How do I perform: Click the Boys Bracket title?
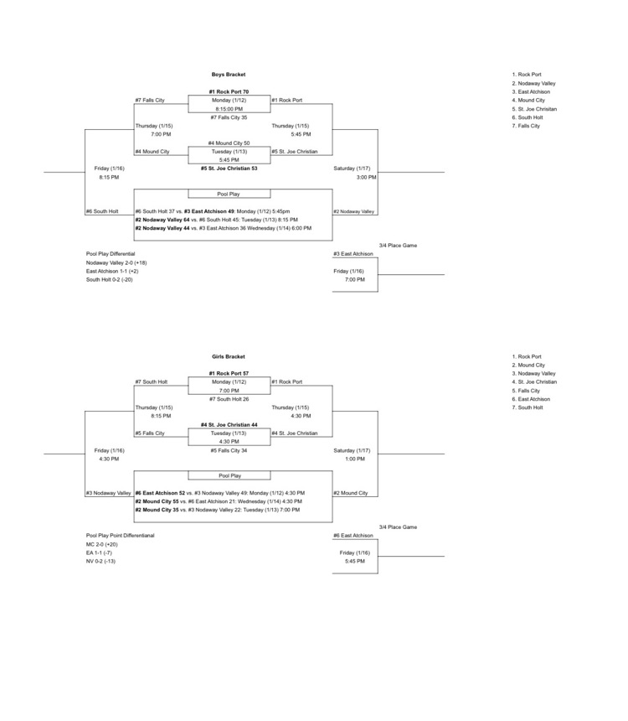tap(229, 75)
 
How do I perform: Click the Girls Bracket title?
tap(229, 356)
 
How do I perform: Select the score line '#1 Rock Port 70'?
tap(229, 91)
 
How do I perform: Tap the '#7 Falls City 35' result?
tap(229, 117)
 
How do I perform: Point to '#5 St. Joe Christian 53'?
tap(229, 168)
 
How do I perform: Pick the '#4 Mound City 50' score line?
tap(229, 143)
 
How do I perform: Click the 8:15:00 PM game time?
tap(229, 109)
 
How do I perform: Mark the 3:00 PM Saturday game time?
tap(366, 177)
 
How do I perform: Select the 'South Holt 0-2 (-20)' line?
tap(109, 279)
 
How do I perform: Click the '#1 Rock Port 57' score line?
tap(229, 373)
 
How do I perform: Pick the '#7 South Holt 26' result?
tap(229, 399)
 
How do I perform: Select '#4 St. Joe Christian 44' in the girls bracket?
tap(229, 425)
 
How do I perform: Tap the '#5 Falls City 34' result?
tap(229, 450)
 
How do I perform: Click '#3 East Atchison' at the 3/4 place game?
tap(353, 253)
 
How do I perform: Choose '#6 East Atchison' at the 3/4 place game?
tap(353, 535)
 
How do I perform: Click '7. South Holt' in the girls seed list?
tap(528, 407)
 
